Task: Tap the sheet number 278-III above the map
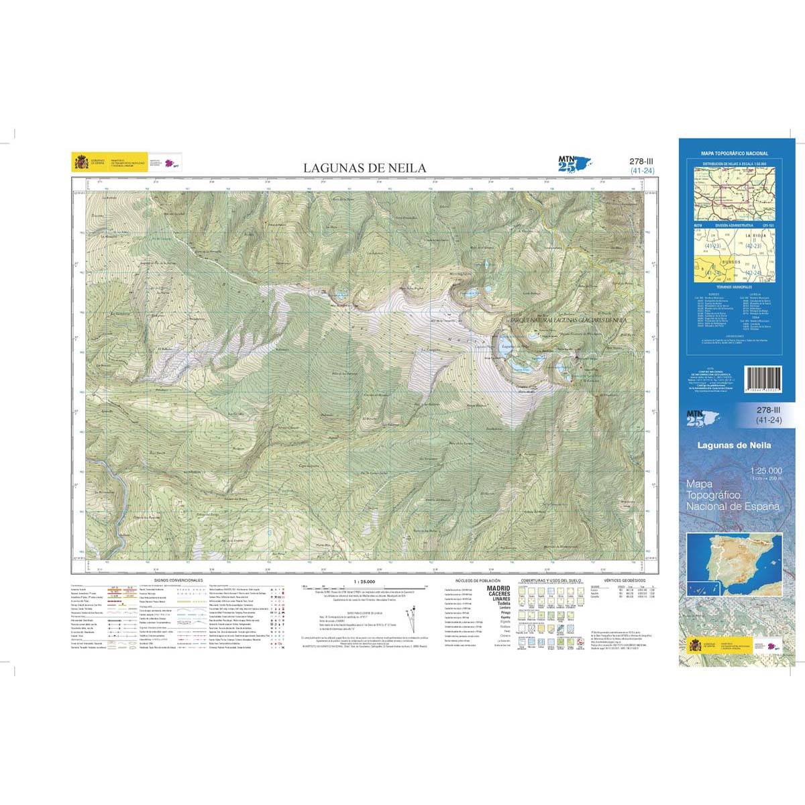[641, 161]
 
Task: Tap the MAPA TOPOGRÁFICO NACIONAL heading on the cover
[735, 154]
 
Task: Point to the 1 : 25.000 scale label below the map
[363, 582]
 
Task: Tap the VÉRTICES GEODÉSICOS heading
[624, 579]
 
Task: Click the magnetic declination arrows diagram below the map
[411, 614]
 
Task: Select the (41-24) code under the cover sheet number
[766, 420]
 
